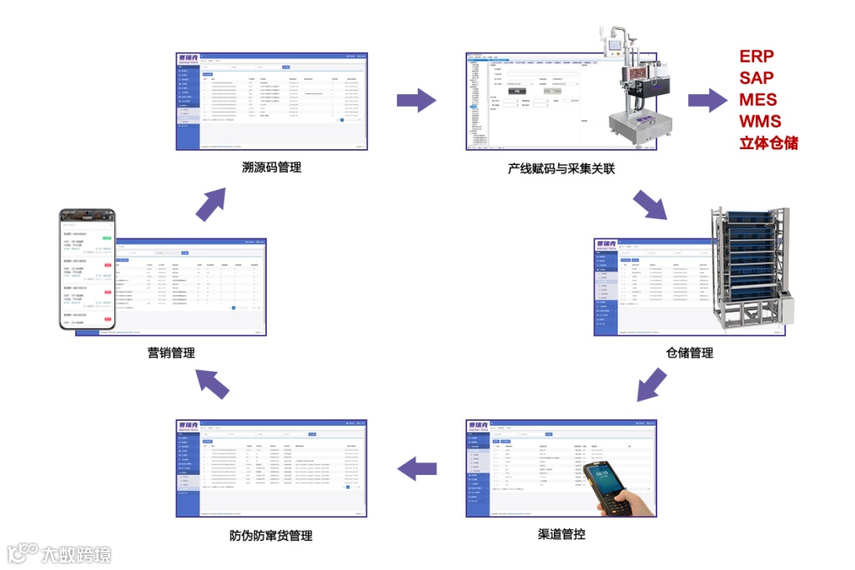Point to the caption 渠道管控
561,534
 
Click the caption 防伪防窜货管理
270,535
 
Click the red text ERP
757,57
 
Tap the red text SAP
757,78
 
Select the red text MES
757,100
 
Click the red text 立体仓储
768,143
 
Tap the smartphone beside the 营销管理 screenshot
88,271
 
